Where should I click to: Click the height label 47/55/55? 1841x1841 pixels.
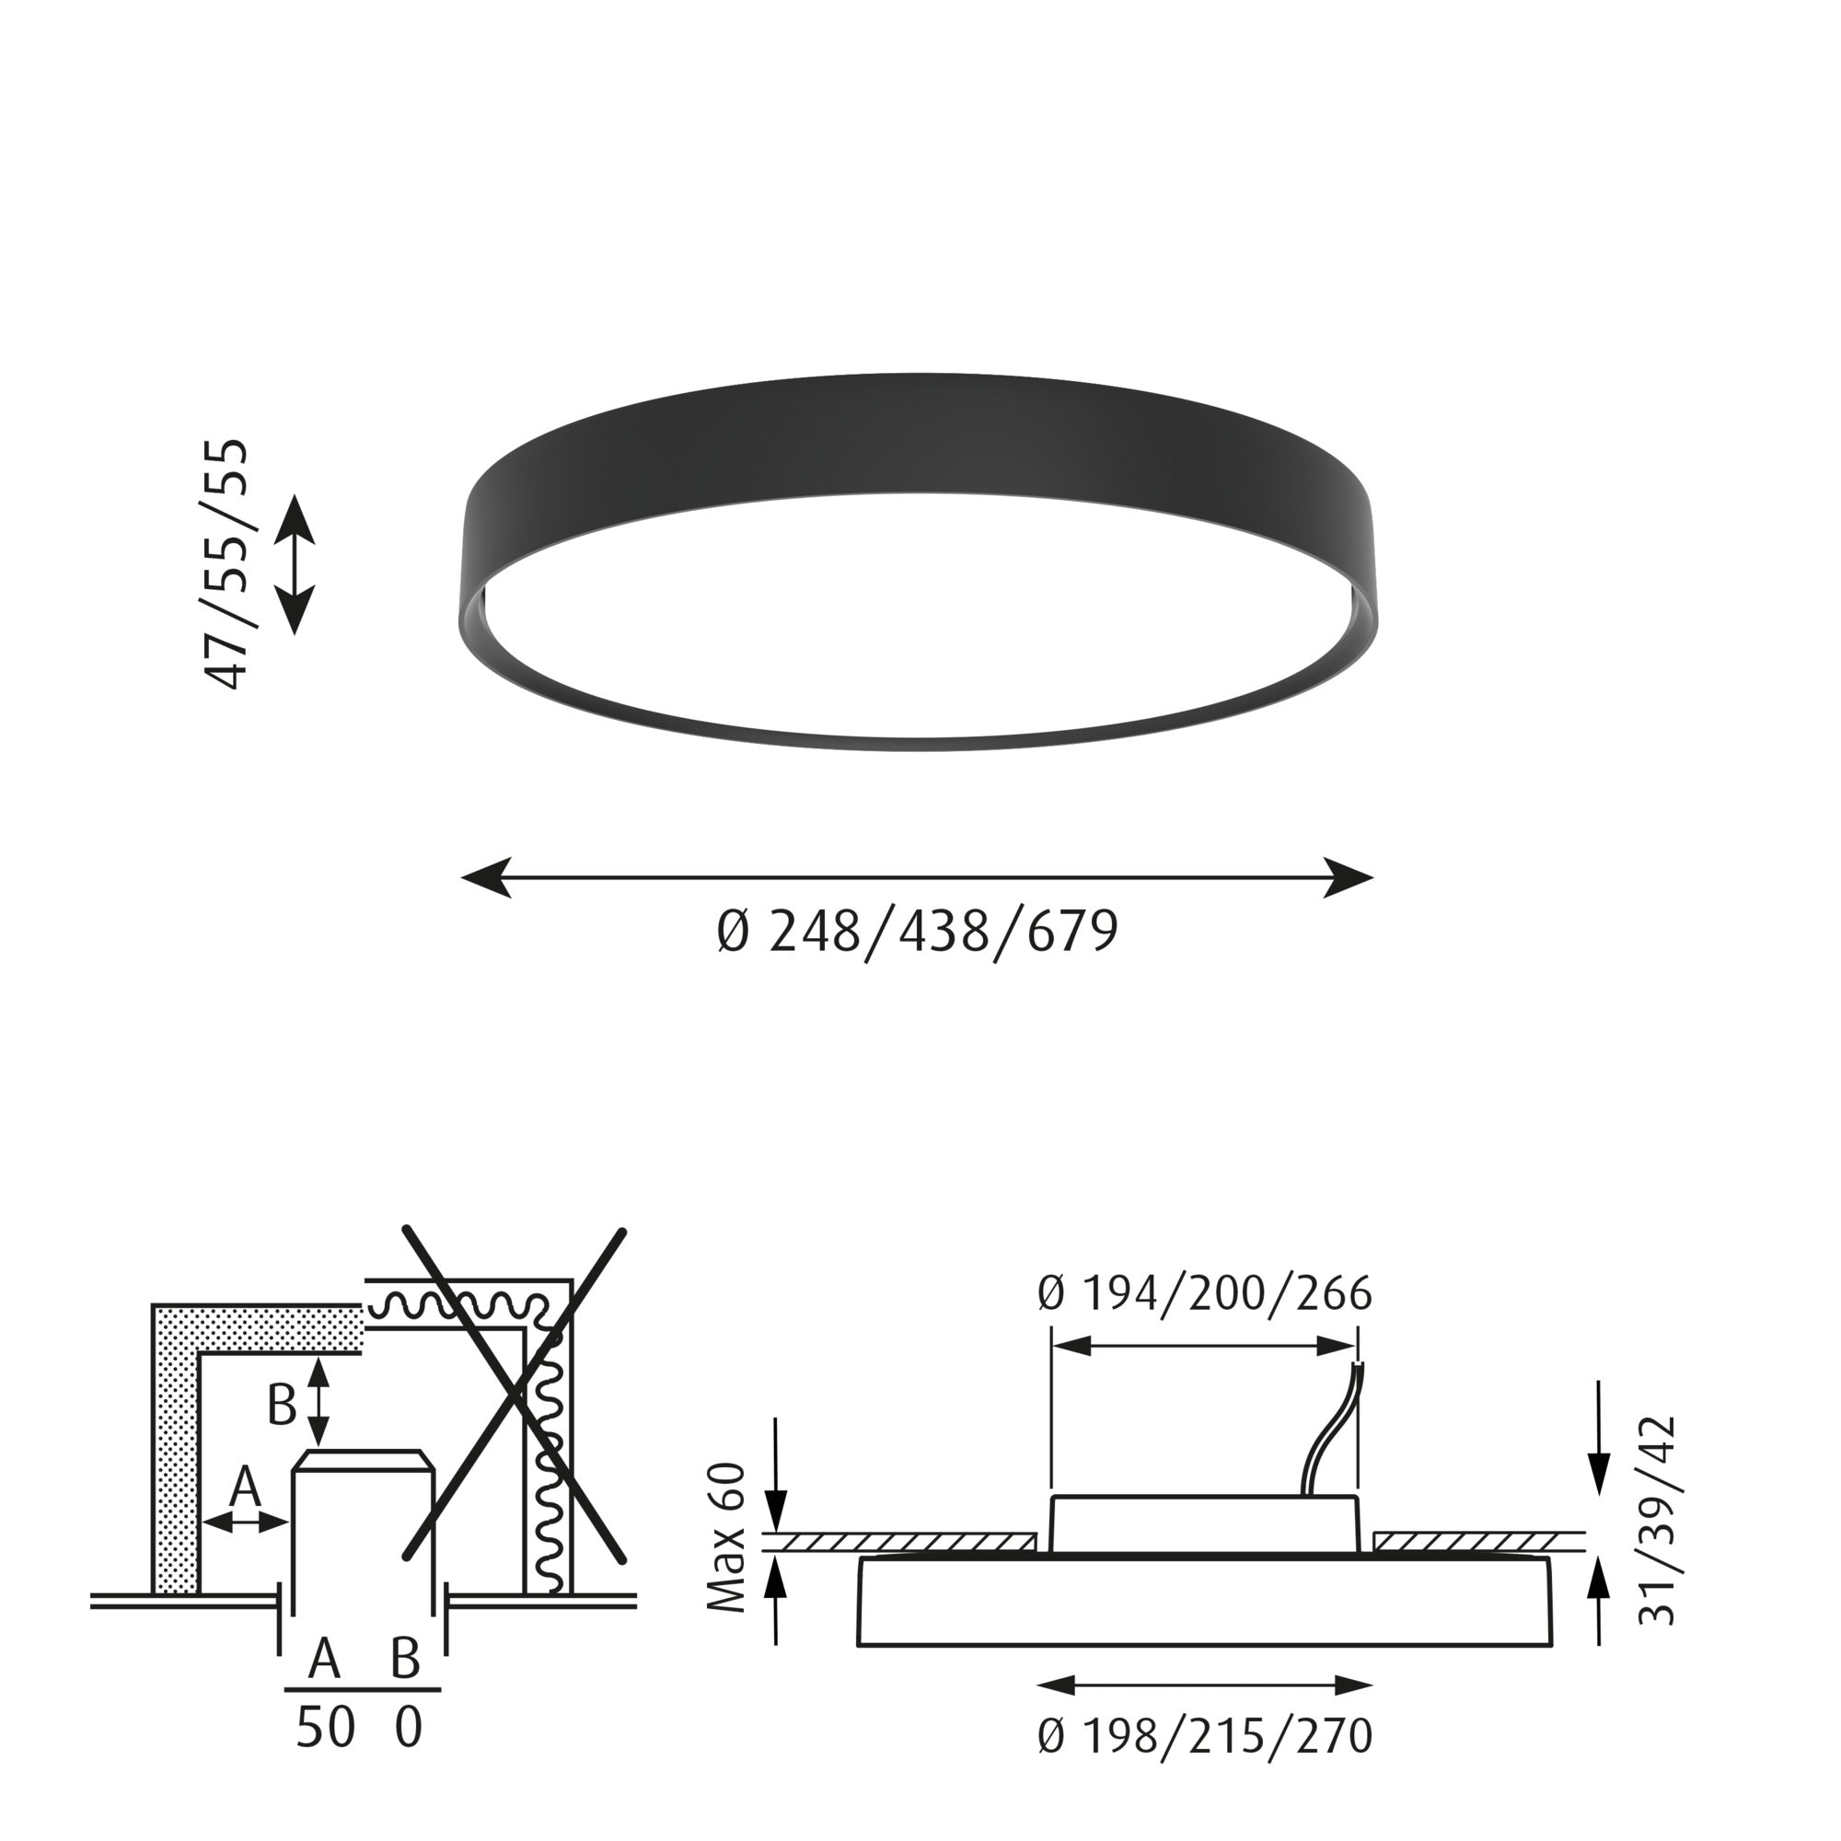[226, 563]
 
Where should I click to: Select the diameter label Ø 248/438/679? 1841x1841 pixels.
[917, 932]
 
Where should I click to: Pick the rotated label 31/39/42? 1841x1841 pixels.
[1656, 1534]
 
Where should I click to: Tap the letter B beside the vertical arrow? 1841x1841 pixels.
[281, 1405]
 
